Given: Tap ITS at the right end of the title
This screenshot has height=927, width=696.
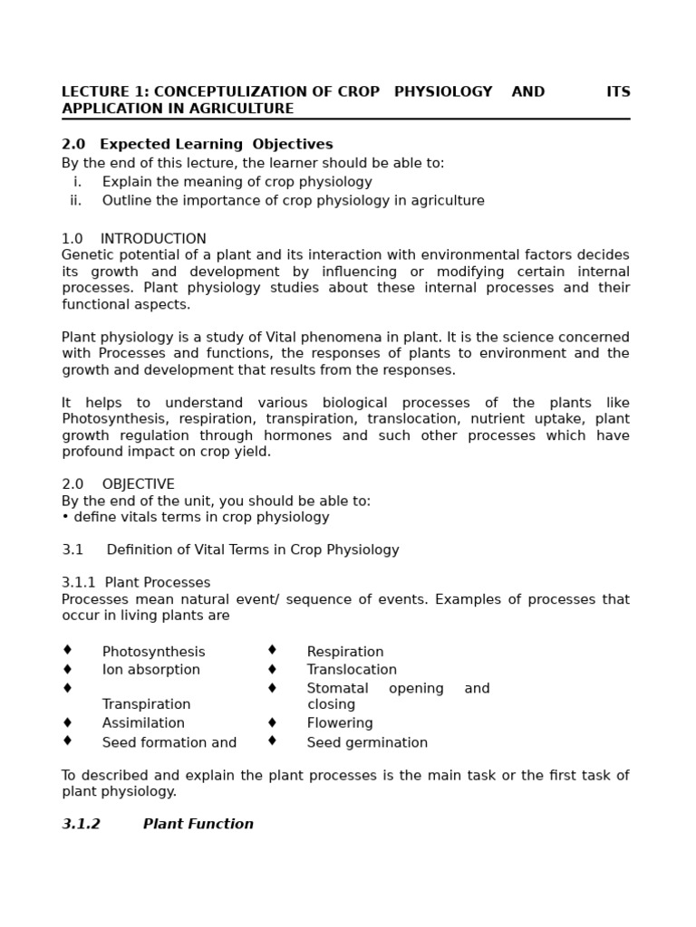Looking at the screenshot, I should [x=618, y=92].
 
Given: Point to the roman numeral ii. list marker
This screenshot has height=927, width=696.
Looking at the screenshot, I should [x=75, y=201].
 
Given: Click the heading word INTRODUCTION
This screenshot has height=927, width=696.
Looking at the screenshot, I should [x=153, y=239].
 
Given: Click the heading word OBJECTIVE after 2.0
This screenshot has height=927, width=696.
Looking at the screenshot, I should [x=138, y=484].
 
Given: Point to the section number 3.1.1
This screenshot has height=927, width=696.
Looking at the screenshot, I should [x=78, y=583].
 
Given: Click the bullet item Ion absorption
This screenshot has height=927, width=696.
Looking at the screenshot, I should [x=150, y=670].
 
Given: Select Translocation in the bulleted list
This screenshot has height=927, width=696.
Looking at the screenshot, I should [x=352, y=670].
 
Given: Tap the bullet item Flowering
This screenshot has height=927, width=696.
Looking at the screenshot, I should [x=340, y=723].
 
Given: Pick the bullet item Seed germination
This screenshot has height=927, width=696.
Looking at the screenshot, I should [x=367, y=743].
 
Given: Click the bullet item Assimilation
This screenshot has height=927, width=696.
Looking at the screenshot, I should [x=143, y=723].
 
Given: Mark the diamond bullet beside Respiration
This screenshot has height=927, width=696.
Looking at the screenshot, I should [x=272, y=650].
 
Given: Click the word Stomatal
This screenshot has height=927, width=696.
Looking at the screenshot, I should [x=337, y=689].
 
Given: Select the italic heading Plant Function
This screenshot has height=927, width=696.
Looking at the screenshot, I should [x=198, y=825].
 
